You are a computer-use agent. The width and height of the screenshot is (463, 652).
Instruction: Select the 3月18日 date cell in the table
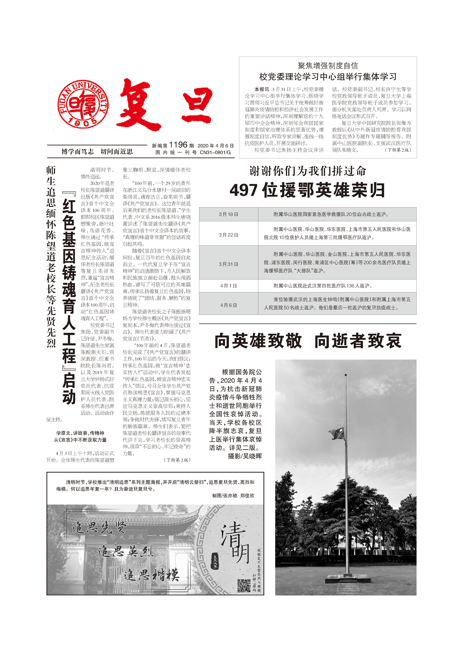(x=228, y=214)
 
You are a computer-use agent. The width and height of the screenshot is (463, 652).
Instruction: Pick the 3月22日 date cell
(x=228, y=235)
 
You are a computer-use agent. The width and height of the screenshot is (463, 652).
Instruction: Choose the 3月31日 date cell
(x=228, y=264)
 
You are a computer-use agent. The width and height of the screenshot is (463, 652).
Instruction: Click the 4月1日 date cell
(x=228, y=286)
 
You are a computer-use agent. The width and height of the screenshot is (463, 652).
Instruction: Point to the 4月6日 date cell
(x=228, y=305)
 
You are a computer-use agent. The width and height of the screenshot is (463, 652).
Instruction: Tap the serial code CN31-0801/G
(x=215, y=153)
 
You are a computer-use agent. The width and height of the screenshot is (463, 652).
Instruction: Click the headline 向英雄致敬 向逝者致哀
(x=308, y=341)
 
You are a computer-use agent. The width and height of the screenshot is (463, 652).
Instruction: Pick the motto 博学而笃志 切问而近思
(x=97, y=152)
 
